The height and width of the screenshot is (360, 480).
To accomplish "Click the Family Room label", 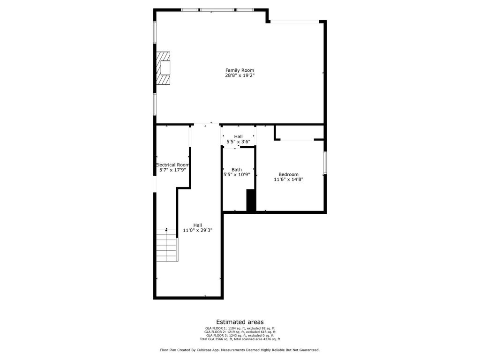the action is (x=240, y=70).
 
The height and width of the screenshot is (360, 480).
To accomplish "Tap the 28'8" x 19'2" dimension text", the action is (x=240, y=75).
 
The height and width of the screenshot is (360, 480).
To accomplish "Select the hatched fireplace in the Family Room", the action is (x=163, y=68).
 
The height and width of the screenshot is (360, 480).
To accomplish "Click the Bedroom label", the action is (x=288, y=174).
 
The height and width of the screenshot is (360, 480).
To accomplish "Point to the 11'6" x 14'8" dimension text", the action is (x=288, y=180).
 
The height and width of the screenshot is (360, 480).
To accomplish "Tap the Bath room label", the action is (x=237, y=170).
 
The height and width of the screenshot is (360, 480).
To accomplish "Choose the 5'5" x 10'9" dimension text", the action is (x=237, y=174).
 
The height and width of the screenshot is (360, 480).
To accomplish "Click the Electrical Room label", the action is (x=172, y=165).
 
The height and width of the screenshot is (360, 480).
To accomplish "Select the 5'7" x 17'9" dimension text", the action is (x=172, y=170).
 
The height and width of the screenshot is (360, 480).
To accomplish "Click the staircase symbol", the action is (x=167, y=245).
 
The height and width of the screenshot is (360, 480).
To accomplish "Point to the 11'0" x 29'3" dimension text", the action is (x=197, y=230).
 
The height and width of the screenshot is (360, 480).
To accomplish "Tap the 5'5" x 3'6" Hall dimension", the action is (x=238, y=142).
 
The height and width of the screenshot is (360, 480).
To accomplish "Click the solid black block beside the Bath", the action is (x=251, y=200).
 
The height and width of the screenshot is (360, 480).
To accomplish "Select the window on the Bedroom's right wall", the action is (x=325, y=163).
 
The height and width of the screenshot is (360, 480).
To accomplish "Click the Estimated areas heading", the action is (x=240, y=322).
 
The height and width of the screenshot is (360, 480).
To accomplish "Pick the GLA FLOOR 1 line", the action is (x=240, y=328).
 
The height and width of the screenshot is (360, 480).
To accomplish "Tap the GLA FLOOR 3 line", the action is (x=240, y=336).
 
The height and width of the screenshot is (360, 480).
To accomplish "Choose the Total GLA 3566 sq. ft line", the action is (x=240, y=339).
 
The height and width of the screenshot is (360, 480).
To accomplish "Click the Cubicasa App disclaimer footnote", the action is (x=240, y=350).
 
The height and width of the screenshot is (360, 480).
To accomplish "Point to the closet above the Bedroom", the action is (x=300, y=132).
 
